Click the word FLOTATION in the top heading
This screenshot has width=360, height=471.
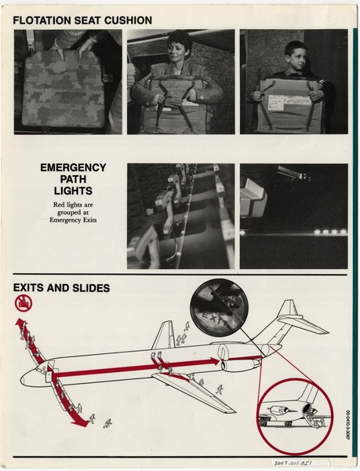(x=42, y=20)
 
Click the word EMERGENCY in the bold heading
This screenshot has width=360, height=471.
(x=73, y=168)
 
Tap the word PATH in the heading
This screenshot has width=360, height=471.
(x=73, y=180)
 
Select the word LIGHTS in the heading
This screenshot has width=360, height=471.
(x=73, y=192)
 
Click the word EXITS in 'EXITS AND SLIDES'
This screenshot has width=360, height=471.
(x=32, y=288)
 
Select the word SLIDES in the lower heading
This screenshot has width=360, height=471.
(x=89, y=288)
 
